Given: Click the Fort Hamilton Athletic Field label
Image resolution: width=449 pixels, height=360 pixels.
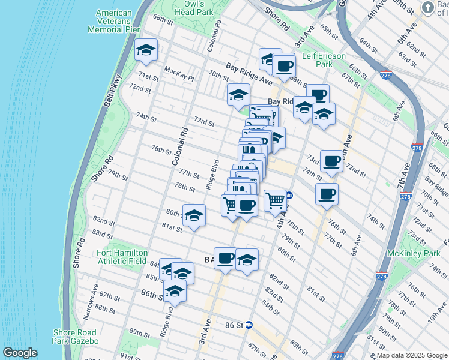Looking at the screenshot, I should (x=122, y=257).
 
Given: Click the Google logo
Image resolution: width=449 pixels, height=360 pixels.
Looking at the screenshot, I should (x=20, y=353).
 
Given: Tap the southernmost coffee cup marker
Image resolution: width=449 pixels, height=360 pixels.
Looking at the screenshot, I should (x=225, y=259).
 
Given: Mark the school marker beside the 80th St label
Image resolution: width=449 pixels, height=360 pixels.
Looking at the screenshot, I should (x=194, y=215).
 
